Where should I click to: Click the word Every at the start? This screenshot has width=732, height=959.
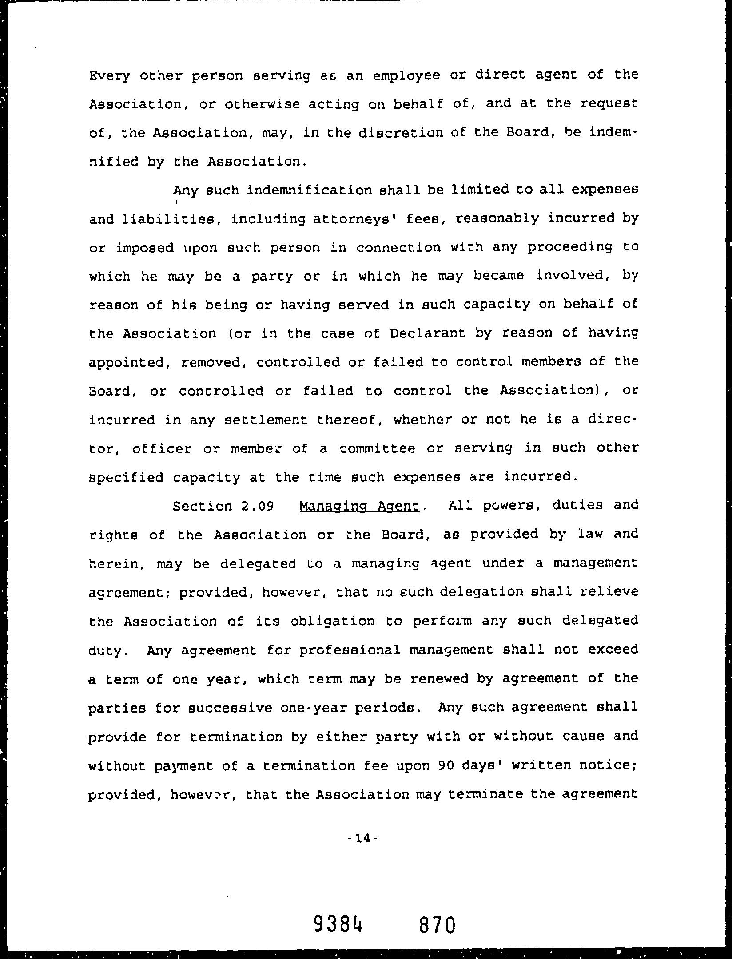coord(110,76)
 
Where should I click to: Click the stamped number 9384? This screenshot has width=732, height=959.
coord(338,924)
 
